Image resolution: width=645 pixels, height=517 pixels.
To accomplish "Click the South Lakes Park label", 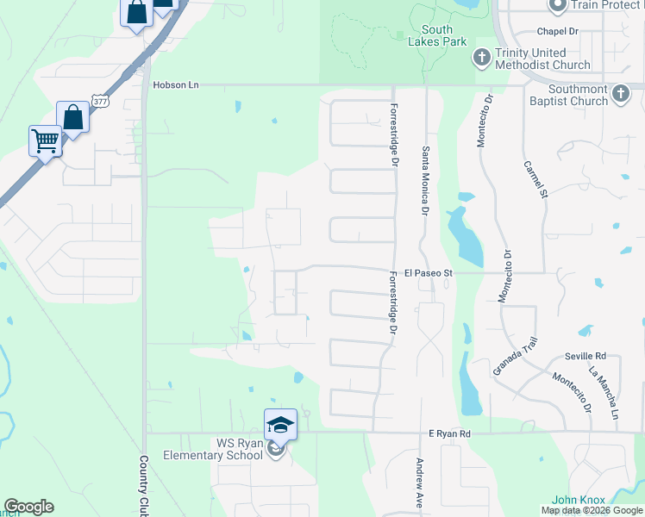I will pos(437,35).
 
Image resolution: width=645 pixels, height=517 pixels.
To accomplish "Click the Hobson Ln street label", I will pos(176,85).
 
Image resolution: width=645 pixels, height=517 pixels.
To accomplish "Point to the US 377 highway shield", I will pos(101,103).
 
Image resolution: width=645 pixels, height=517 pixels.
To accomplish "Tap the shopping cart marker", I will pos(45,140).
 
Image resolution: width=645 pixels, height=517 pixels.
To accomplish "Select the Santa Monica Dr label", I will pos(425,180).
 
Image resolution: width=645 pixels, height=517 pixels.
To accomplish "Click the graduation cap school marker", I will pos(280,424).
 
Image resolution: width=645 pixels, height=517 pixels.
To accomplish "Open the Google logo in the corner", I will pos(28,506).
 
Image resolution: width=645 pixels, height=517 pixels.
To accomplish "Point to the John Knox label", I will pos(575,500).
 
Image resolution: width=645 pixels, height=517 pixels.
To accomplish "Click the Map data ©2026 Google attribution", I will pos(592,511).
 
